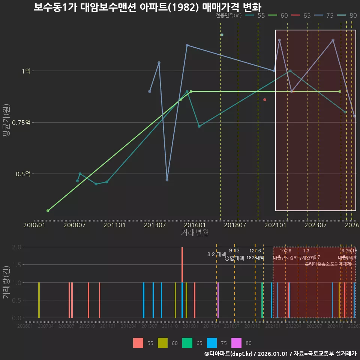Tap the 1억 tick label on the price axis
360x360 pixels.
(25, 71)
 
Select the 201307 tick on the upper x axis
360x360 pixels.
(155, 225)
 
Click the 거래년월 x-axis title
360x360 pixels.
(195, 233)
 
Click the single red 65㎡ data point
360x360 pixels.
(265, 100)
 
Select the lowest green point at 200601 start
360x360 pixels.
(48, 211)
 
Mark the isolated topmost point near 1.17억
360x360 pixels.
(222, 35)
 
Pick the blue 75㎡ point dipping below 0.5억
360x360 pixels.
(167, 180)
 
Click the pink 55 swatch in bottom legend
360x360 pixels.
(138, 343)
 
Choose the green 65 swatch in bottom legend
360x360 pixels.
(187, 343)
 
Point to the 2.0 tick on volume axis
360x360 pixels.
(16, 247)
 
